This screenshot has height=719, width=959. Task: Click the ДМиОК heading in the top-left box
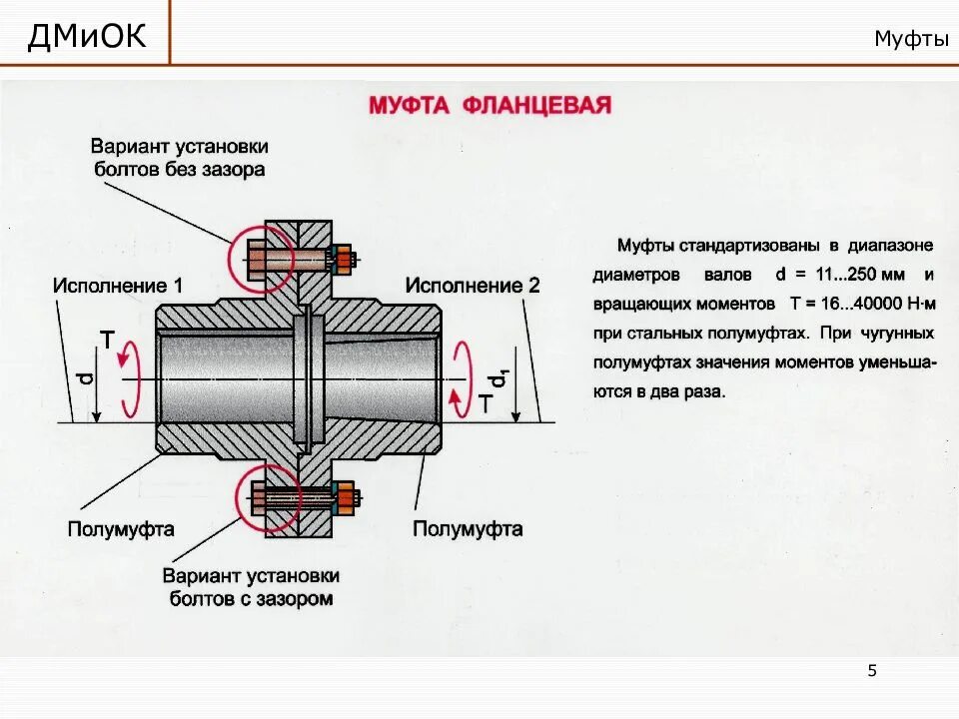[x=86, y=37]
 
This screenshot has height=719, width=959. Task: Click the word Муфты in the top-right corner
[x=910, y=39]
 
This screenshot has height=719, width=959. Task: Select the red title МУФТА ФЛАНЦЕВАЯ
[x=489, y=106]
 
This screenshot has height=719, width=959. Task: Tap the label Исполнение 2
[x=472, y=286]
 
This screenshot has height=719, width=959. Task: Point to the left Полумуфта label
[x=121, y=528]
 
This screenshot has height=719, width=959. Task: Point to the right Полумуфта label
[x=468, y=528]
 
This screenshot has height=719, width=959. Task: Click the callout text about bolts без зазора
[x=180, y=158]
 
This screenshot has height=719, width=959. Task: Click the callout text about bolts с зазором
[x=251, y=588]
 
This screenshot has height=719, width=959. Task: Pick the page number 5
[x=872, y=670]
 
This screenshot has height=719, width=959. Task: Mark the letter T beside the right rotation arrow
[x=484, y=402]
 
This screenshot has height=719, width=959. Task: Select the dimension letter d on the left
[x=87, y=377]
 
